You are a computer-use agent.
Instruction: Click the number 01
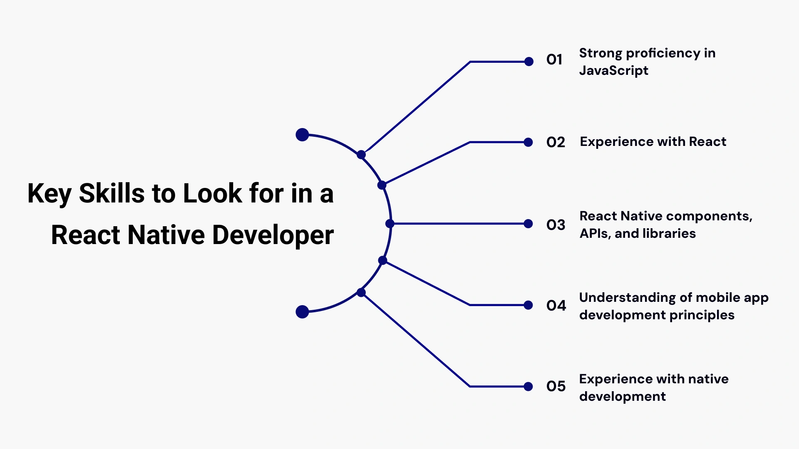coord(554,60)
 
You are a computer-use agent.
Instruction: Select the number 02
coord(556,143)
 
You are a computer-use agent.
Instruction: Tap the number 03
coord(556,225)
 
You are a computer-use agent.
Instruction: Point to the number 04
coord(556,306)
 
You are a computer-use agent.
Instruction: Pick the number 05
coord(556,386)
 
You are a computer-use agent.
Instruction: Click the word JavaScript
coord(613,71)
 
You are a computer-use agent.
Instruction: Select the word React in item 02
coord(707,142)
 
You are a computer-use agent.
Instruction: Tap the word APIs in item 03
coord(595,234)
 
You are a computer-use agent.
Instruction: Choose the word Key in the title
coord(49,194)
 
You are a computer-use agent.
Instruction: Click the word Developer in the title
coord(273,235)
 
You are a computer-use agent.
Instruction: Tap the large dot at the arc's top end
coord(302,135)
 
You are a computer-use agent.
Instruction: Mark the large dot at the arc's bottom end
coord(302,312)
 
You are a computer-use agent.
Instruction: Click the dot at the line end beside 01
coord(529,62)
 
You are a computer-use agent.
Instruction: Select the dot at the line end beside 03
coord(529,224)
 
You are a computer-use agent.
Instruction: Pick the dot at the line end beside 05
coord(529,387)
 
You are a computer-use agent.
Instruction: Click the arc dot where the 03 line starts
coord(390,224)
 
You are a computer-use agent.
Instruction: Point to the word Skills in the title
coord(112,194)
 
